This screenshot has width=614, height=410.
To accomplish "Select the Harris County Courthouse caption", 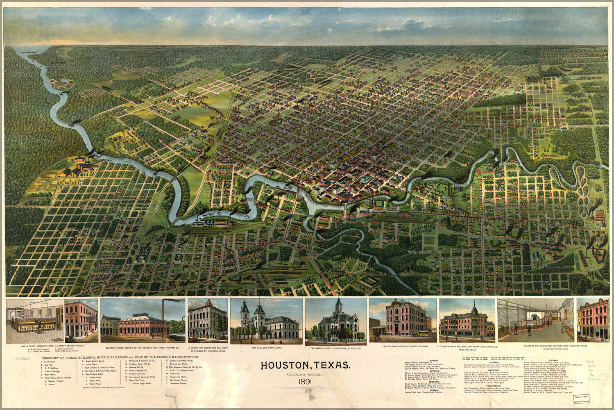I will (336, 348).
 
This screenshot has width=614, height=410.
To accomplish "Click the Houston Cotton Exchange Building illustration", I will (402, 321).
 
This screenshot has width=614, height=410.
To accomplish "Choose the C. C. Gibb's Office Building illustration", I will (467, 321).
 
